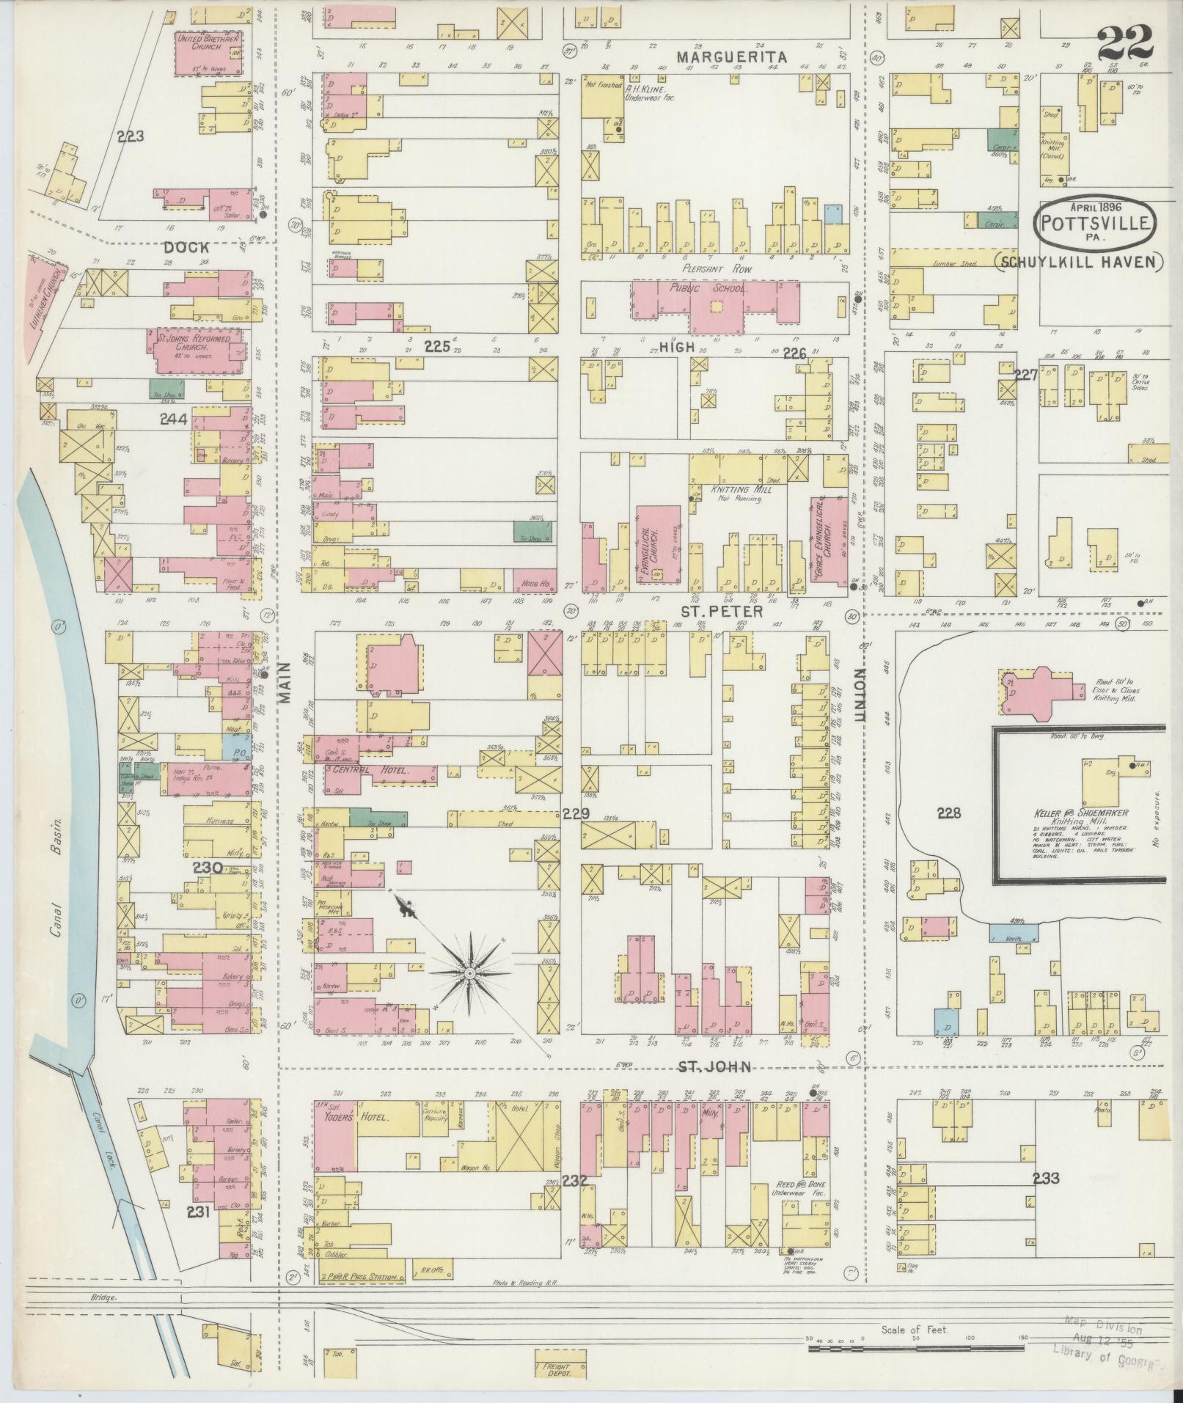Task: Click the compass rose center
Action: [469, 972]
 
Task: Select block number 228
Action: [949, 813]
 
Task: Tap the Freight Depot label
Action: [555, 1369]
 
